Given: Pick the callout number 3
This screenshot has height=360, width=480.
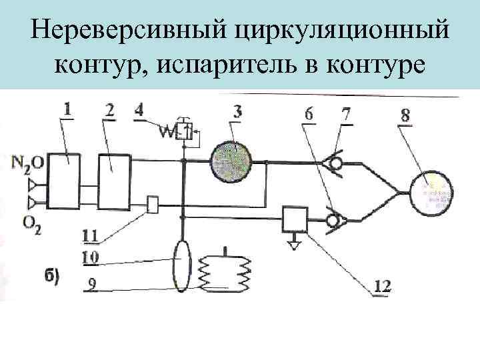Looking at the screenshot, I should tap(237, 109).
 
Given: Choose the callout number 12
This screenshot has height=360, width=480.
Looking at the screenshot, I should tap(382, 287).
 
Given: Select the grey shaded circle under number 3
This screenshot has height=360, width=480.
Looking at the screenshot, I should tap(231, 163).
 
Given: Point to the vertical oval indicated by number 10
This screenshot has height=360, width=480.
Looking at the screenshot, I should tap(182, 266).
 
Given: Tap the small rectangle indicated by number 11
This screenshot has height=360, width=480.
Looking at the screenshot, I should tap(152, 204).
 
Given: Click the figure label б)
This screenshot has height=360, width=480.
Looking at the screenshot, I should tap(53, 276).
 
